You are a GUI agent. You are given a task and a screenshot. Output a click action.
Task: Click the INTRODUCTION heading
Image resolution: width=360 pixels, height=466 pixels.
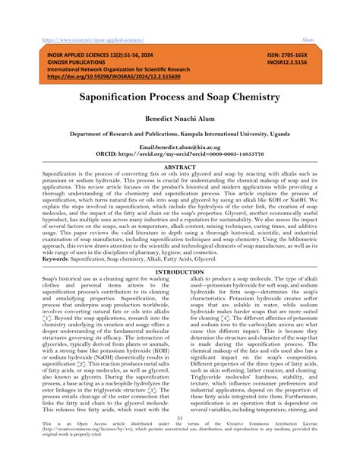coord(179,271)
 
